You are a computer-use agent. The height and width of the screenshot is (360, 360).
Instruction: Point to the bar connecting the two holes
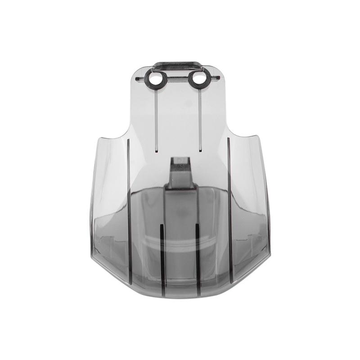[176, 79]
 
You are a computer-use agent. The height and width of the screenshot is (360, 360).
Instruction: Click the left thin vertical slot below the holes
[156, 119]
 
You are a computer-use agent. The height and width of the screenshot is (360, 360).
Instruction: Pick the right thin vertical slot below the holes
[198, 119]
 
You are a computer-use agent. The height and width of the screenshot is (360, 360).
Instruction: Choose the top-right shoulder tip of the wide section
[258, 136]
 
